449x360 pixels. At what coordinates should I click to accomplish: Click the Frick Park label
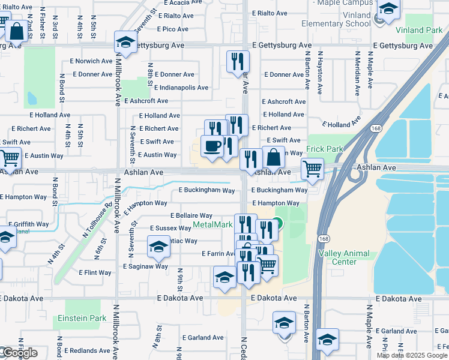click(325, 149)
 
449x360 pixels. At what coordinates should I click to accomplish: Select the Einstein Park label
click(82, 318)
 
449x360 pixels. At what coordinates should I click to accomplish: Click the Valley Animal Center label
click(337, 257)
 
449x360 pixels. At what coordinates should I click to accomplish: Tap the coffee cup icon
click(212, 146)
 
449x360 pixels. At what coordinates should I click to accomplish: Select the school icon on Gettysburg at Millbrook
click(125, 42)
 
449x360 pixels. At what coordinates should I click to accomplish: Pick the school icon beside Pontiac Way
click(158, 246)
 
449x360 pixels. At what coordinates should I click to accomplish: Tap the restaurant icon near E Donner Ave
click(238, 61)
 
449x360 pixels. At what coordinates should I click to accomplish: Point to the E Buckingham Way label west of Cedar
click(206, 191)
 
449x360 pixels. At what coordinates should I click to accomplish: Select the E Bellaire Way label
click(191, 215)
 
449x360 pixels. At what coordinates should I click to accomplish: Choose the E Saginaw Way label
click(145, 266)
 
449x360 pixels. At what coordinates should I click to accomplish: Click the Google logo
click(19, 353)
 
